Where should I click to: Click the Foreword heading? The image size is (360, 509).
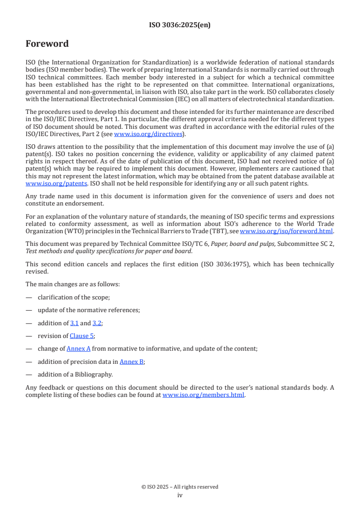pos(47,44)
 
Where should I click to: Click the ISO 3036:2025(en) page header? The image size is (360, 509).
pos(180,25)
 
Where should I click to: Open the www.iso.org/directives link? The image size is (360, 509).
pos(148,134)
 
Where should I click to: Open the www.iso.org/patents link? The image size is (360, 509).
pos(44,184)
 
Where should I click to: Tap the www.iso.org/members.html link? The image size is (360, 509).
pos(203,395)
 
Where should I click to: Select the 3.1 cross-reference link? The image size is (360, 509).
pos(74,323)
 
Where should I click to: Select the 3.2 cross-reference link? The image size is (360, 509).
pos(97,323)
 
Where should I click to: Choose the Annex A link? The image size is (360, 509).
pos(79,349)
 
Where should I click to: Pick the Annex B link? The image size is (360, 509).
pos(132,362)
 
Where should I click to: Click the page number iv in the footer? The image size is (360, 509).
pos(180,495)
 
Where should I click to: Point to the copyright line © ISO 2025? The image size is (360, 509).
pos(180,487)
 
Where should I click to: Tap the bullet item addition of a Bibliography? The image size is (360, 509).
pos(75,374)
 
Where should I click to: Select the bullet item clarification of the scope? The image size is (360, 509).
pos(74,297)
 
